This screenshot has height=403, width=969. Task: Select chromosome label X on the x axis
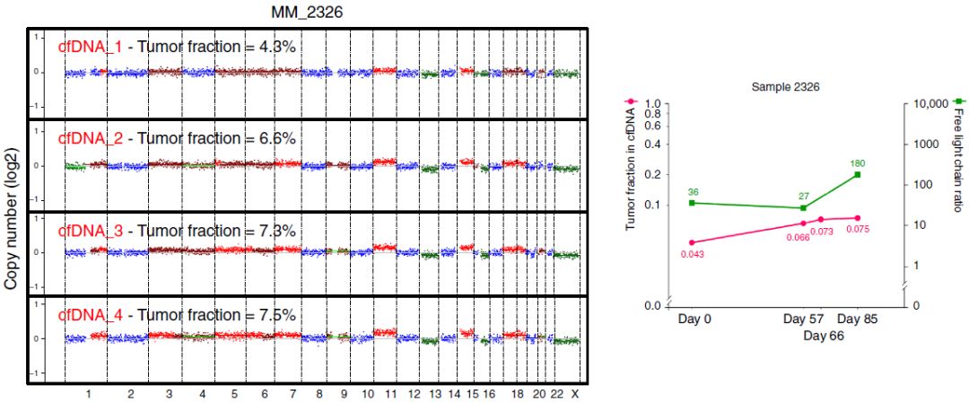click(x=574, y=394)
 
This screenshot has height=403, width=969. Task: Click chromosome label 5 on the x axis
click(x=233, y=394)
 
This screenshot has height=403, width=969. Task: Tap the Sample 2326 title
click(x=785, y=86)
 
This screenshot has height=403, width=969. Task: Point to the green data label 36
click(x=693, y=192)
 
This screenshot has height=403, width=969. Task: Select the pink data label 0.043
click(x=691, y=254)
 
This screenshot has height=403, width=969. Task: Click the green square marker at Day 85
click(x=858, y=174)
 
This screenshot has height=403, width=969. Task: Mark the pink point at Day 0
click(x=692, y=242)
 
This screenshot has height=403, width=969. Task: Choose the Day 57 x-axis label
click(x=803, y=319)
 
